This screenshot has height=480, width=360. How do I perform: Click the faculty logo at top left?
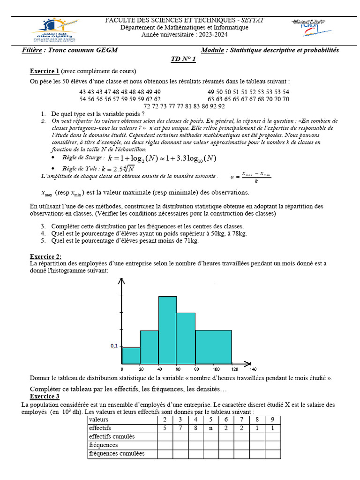point(55,31)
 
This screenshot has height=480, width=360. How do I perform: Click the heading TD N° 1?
point(183,60)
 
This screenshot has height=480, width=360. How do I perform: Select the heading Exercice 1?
point(45,71)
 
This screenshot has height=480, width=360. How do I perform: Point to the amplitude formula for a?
point(251,176)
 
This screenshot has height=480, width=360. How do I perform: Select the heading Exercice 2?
point(45,256)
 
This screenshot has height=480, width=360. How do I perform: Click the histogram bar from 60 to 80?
point(186,337)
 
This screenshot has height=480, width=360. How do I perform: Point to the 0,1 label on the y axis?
point(114,346)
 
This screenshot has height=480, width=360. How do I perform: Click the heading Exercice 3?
point(45,396)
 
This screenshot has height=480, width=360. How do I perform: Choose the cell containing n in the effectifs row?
point(211,428)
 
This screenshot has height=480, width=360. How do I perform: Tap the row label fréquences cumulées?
point(117,454)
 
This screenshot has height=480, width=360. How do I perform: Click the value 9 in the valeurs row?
point(273,419)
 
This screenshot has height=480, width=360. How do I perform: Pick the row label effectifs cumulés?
point(112,436)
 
